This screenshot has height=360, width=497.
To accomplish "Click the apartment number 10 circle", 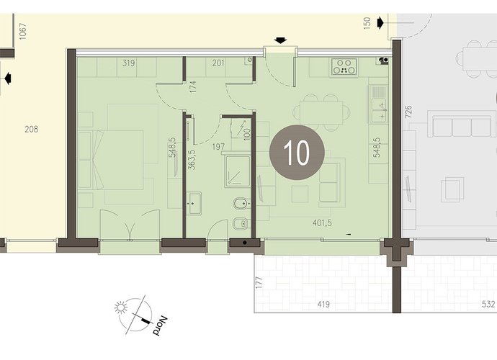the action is point(297,153).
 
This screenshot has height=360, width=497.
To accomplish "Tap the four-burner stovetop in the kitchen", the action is point(344,66).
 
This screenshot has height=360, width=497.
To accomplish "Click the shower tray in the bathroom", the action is point(237,171).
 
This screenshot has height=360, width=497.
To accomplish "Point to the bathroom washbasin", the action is point(194,203).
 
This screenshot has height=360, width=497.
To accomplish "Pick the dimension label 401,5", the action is point(322,223).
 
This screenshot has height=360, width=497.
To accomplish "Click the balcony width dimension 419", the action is point(323,305).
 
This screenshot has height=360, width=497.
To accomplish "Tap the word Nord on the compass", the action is point(159,326).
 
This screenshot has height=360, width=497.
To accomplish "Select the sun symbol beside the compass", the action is point(121,307).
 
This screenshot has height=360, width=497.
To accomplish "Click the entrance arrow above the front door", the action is point(280,40).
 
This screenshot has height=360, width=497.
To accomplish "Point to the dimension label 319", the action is point(128,63).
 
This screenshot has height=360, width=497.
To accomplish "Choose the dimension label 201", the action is point(218,63).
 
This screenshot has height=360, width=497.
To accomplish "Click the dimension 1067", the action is point(22,32).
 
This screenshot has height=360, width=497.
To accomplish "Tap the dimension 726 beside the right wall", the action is point(408,112).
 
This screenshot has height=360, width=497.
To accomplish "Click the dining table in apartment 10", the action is point(321,112).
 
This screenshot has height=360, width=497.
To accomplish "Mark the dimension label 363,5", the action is point(192,160).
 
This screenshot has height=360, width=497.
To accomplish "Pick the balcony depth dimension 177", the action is point(259,283).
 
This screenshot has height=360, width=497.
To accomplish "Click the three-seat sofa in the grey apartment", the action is point(461,125).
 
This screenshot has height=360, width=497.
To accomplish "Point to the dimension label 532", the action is point(488,305).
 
